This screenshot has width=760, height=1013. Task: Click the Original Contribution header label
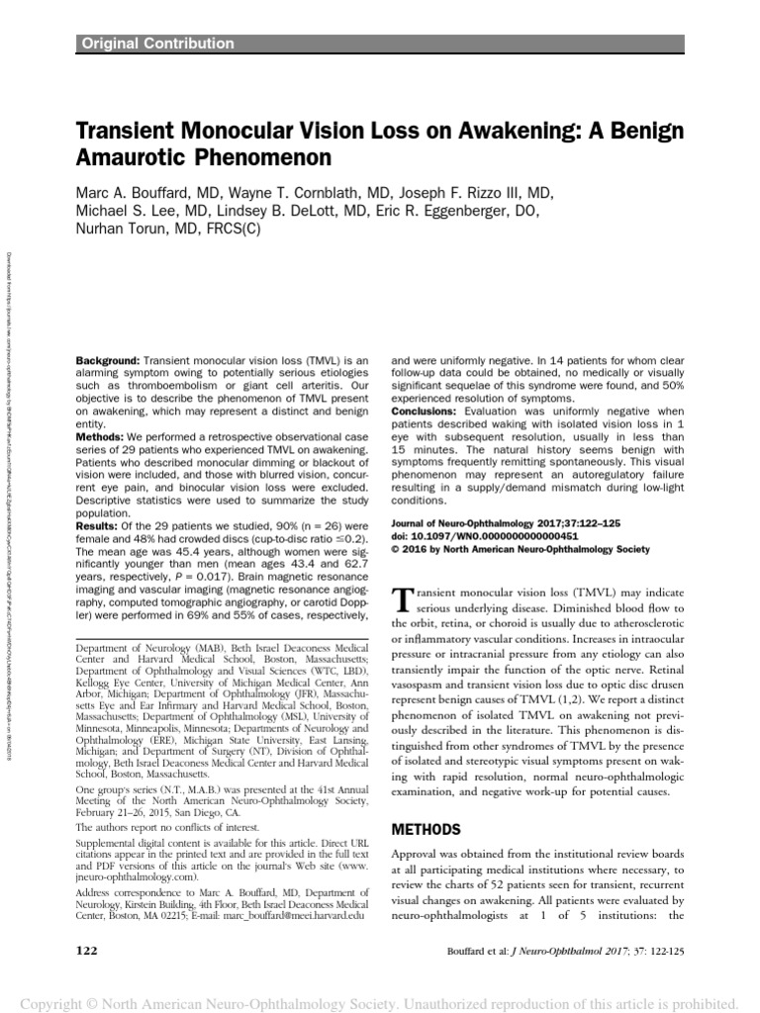[x=156, y=44]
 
